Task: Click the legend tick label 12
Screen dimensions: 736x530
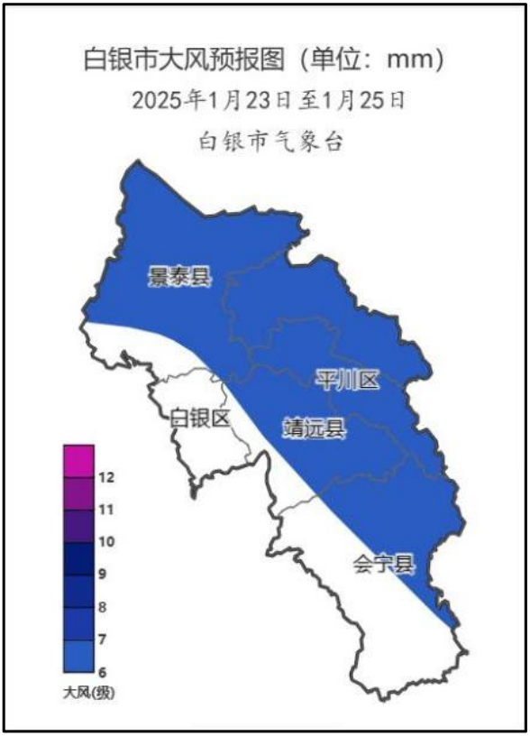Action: tap(105, 477)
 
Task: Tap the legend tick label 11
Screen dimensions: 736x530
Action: tap(105, 510)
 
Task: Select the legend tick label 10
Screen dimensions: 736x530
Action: tap(105, 542)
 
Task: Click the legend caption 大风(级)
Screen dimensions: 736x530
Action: tap(90, 694)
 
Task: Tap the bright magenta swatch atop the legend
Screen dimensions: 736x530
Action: tap(78, 461)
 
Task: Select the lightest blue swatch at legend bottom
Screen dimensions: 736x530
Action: tap(78, 656)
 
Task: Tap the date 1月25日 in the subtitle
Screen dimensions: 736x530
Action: tap(369, 99)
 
